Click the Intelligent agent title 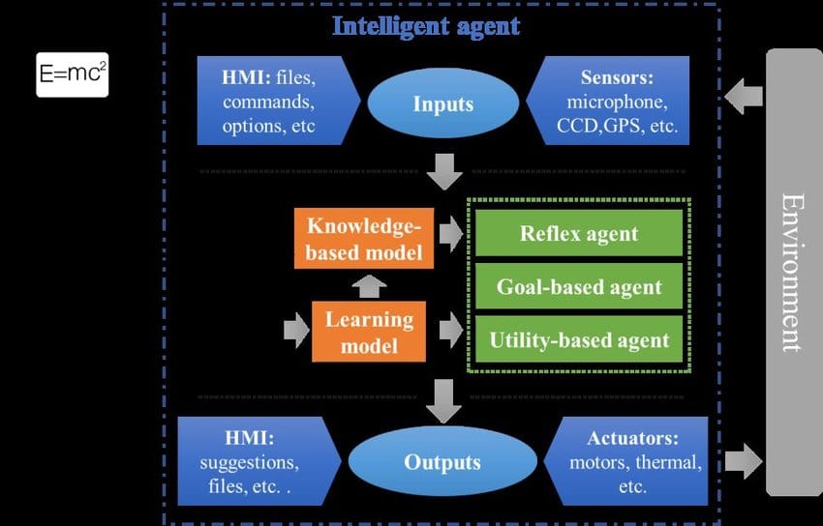point(426,25)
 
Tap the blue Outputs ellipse point(442,461)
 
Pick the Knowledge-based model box point(364,240)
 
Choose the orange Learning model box point(369,331)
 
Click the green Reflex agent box point(579,233)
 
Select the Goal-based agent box point(579,286)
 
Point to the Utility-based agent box point(579,339)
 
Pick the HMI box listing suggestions point(257,461)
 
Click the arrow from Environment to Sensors point(744,96)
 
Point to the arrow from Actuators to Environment point(743,461)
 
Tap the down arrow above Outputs point(443,399)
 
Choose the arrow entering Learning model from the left point(295,331)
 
